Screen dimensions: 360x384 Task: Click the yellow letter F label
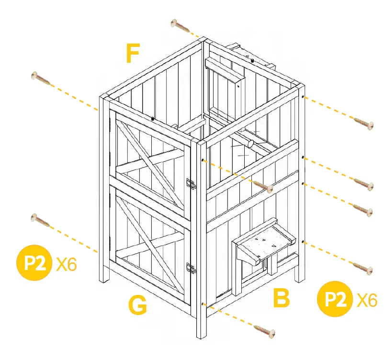132,54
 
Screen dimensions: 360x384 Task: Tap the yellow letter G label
137,305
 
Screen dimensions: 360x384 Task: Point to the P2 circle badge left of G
34,263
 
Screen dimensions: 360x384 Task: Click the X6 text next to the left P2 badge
66,264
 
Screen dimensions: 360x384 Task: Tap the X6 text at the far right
367,300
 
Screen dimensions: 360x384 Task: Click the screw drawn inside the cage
262,185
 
